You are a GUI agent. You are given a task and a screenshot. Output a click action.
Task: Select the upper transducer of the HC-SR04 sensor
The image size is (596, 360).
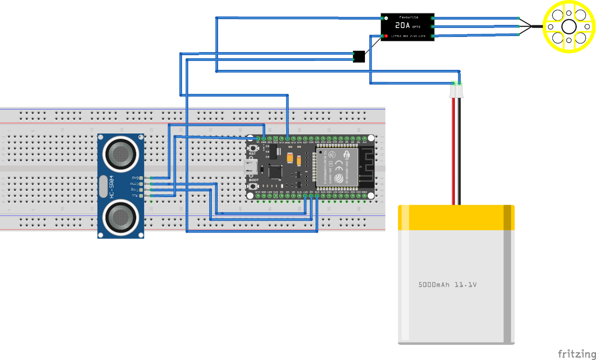pyautogui.click(x=120, y=154)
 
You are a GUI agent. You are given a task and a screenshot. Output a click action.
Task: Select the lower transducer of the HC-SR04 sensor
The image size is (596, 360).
pyautogui.click(x=120, y=217)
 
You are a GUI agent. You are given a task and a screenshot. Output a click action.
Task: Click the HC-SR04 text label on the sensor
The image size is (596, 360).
pyautogui.click(x=111, y=186)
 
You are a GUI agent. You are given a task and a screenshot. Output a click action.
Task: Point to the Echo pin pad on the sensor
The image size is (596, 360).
pyautogui.click(x=142, y=184)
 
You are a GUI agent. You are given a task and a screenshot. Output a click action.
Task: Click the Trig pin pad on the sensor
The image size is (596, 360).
pyautogui.click(x=142, y=190)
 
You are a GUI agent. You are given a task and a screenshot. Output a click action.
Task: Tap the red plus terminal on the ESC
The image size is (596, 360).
pyautogui.click(x=386, y=36)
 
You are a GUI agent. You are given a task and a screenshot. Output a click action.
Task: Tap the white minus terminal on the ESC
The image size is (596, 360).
pyautogui.click(x=386, y=18)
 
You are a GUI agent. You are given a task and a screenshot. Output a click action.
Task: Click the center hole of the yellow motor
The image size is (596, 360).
pyautogui.click(x=569, y=27)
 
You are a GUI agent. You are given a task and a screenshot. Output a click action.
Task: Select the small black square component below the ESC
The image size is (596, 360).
pyautogui.click(x=359, y=57)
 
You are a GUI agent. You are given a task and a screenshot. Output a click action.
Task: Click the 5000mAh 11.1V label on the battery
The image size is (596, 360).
pyautogui.click(x=447, y=284)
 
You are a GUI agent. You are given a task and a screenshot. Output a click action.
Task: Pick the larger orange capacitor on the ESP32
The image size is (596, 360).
pyautogui.click(x=290, y=158)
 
